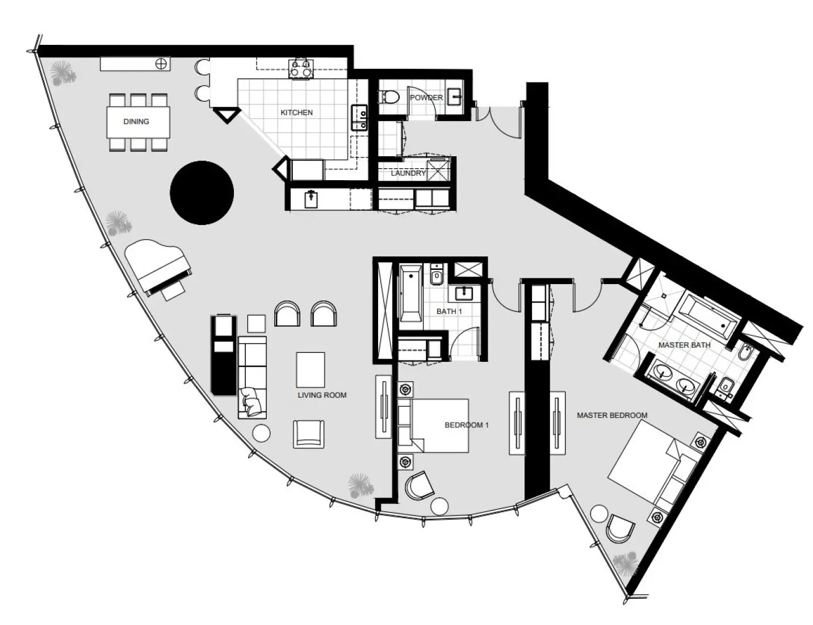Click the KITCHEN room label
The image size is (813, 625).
pyautogui.click(x=296, y=113)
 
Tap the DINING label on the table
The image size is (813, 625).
pyautogui.click(x=136, y=122)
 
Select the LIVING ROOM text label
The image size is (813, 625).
pyautogui.click(x=322, y=395)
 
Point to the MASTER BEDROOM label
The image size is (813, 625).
pyautogui.click(x=612, y=415)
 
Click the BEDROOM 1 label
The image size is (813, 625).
pyautogui.click(x=466, y=425)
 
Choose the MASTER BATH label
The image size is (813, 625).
pyautogui.click(x=684, y=345)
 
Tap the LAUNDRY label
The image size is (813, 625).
pyautogui.click(x=408, y=173)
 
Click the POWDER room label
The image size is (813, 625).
pyautogui.click(x=426, y=98)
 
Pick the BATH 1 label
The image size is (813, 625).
pyautogui.click(x=449, y=311)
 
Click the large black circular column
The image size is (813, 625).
pyautogui.click(x=202, y=193)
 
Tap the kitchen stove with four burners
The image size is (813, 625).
pyautogui.click(x=301, y=68)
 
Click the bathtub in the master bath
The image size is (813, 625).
pyautogui.click(x=709, y=315)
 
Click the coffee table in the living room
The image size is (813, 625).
pyautogui.click(x=310, y=370)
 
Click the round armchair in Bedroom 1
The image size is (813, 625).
pyautogui.click(x=419, y=486)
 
